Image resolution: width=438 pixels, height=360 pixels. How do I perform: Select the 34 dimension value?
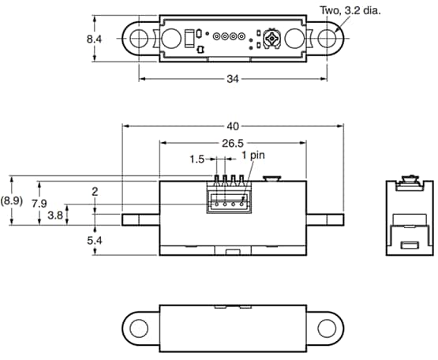234,79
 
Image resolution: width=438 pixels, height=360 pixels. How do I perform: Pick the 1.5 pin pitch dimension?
198,159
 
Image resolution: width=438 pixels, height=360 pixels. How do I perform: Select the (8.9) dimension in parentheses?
13,201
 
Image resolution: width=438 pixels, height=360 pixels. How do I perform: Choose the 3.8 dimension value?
55,215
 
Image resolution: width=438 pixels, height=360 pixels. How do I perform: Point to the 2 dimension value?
95,192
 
